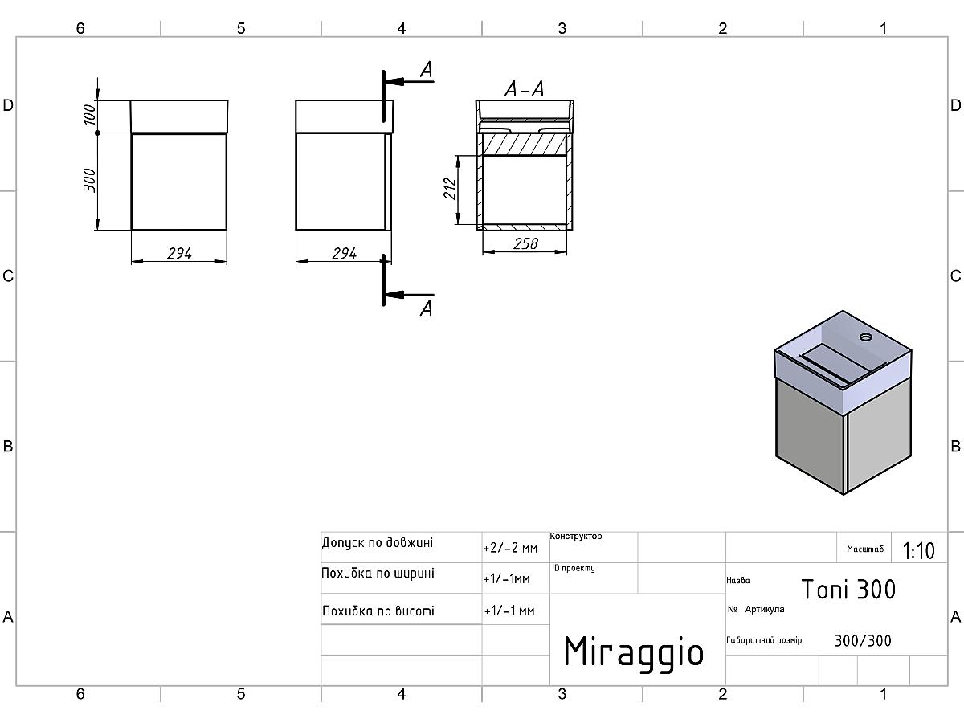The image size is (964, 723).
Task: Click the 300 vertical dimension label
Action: (x=91, y=180)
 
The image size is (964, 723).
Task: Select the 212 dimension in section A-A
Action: (x=450, y=188)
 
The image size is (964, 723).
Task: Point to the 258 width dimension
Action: (x=525, y=243)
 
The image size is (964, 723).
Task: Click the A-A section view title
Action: (x=524, y=89)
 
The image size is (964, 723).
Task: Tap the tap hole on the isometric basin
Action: (x=867, y=336)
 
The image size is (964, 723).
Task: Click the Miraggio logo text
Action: (x=633, y=652)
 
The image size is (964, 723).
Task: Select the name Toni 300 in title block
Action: (x=848, y=590)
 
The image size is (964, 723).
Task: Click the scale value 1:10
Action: (x=918, y=551)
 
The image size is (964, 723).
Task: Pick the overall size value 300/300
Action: (x=862, y=641)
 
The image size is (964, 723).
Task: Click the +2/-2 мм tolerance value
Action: (x=509, y=549)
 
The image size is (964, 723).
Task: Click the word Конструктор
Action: (x=576, y=537)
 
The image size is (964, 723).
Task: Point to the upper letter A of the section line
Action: (x=427, y=71)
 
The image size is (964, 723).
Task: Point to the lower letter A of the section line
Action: (x=427, y=308)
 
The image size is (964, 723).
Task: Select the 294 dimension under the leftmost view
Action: (x=178, y=254)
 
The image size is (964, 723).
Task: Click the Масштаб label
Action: (x=864, y=550)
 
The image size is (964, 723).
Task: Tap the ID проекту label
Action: (x=573, y=569)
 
